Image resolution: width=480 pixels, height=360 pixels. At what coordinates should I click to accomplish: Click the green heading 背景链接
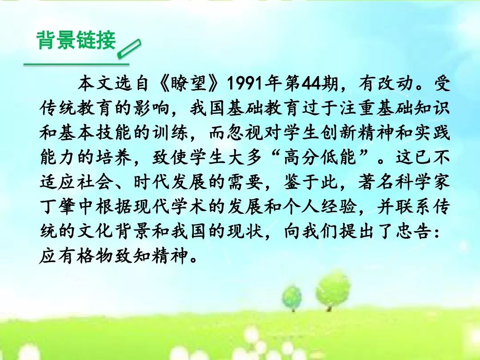coord(76,40)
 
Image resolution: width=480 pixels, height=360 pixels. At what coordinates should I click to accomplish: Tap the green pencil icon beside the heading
coord(129,48)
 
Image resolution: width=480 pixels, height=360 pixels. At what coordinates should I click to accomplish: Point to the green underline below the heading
coord(76,64)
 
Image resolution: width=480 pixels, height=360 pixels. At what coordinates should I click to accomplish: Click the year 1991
coord(244,83)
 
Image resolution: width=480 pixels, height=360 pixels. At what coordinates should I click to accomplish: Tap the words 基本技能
coord(95,132)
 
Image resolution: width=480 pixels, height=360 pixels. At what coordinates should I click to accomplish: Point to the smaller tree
coord(292,297)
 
